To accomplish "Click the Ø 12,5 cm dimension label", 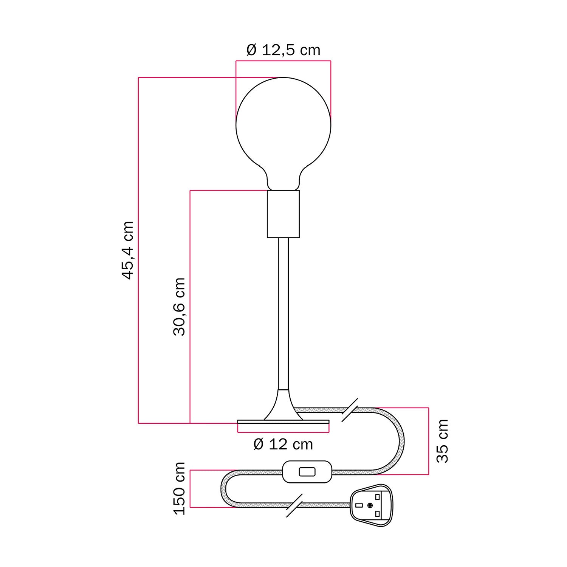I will coord(283,50).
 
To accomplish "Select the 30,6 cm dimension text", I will coord(180,307).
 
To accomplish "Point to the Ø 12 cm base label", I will coord(283,445).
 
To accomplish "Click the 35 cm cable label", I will coord(442,441).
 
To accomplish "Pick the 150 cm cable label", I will coord(180,488).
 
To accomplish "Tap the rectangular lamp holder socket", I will coord(283,214).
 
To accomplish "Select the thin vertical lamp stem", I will coord(283,314).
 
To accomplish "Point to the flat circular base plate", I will coord(283,425).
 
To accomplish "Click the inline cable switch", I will coord(307,472).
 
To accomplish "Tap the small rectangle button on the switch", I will coord(307,472).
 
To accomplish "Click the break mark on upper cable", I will coord(350,410).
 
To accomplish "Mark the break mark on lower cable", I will coord(294,505).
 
